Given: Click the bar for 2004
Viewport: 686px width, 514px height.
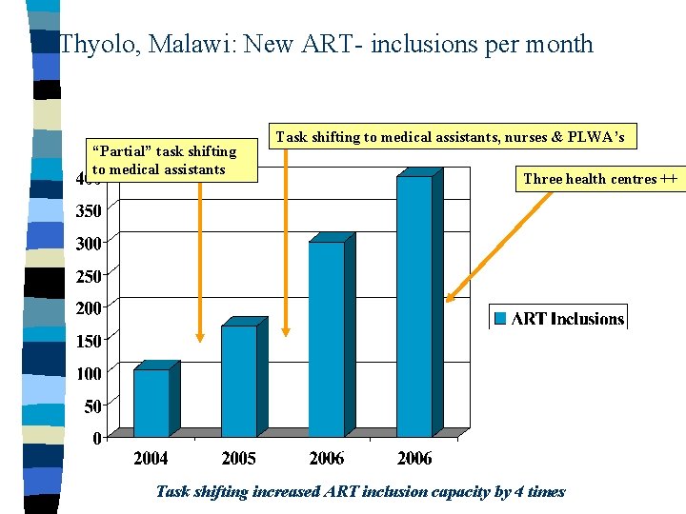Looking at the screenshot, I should click(151, 403).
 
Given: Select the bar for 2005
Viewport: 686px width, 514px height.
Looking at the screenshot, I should click(239, 381).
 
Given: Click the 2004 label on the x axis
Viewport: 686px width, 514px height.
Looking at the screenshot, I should click(151, 459).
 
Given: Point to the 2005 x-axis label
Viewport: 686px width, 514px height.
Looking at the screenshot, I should click(238, 459).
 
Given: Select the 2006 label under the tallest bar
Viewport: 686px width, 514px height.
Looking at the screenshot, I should click(414, 459).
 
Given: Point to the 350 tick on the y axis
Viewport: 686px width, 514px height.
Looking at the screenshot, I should click(90, 210).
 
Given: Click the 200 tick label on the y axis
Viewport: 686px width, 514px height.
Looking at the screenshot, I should click(90, 307).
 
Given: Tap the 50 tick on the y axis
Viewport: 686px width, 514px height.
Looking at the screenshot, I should click(93, 406).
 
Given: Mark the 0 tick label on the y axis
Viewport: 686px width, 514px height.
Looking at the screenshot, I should click(98, 439).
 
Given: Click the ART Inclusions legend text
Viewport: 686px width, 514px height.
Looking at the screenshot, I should click(568, 319).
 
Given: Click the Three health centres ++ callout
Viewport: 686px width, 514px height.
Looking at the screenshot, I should click(600, 178).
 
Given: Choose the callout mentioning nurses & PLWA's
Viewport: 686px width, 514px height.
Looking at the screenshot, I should click(450, 137).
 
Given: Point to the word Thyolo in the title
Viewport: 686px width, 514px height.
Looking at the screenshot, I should click(93, 44).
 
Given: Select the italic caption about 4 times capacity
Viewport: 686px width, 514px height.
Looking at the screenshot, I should click(360, 492).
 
